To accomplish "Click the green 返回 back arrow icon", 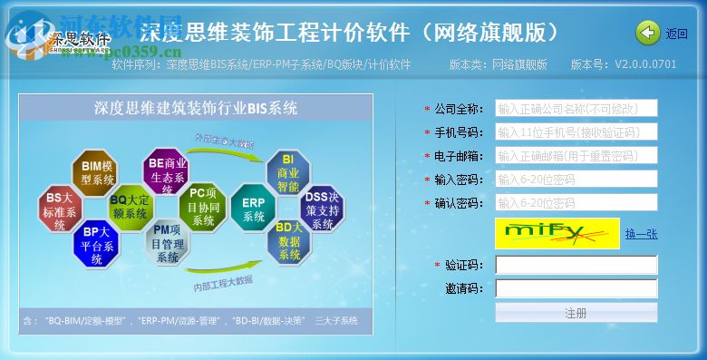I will (x=648, y=34).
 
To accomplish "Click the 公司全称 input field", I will (x=576, y=109).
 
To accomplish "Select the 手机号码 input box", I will (x=576, y=132).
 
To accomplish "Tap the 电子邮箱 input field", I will (x=576, y=156).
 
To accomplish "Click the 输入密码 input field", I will (x=576, y=180).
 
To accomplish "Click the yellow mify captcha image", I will (x=557, y=233).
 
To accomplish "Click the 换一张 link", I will (x=641, y=234).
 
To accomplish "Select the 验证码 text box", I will (x=576, y=265).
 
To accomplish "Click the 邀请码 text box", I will (x=576, y=288).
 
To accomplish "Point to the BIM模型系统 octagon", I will (x=97, y=173).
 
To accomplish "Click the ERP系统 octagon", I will (x=254, y=208).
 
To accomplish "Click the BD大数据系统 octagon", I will (x=289, y=240).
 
